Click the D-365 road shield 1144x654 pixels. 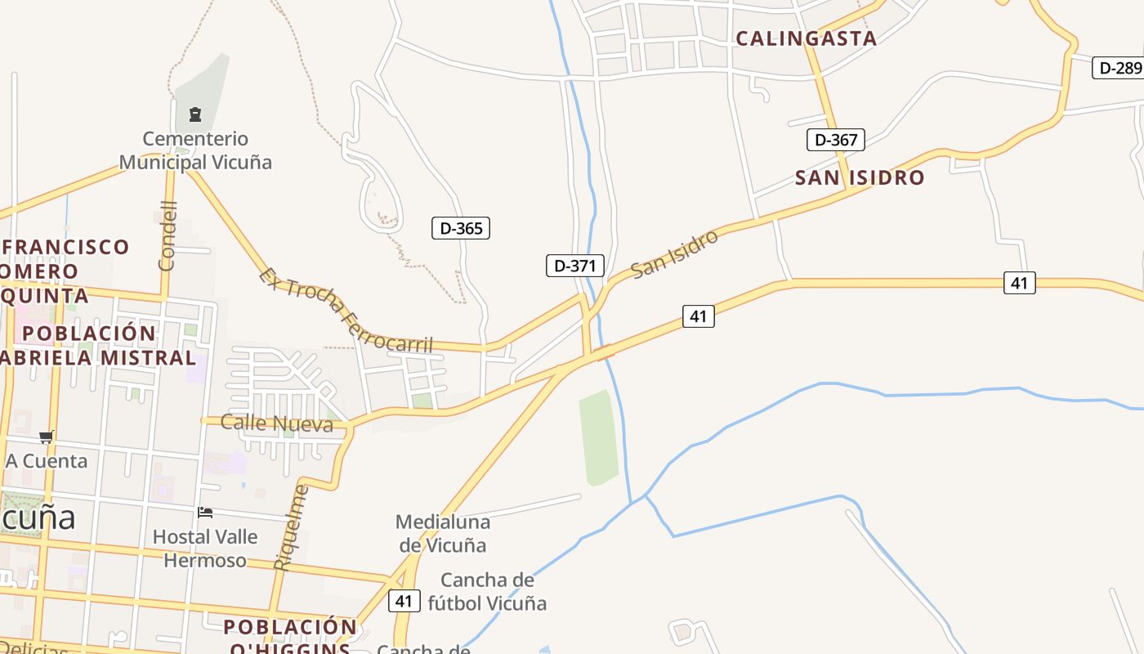tap(461, 228)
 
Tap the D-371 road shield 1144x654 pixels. tap(575, 266)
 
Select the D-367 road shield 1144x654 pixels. tap(836, 140)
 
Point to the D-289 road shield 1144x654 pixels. tap(1119, 68)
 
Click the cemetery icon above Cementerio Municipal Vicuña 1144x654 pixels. tap(195, 114)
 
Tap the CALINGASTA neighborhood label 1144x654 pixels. tap(806, 38)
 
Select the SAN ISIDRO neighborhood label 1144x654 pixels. tap(860, 177)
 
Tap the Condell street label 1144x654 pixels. tap(168, 235)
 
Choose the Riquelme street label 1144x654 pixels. tap(292, 527)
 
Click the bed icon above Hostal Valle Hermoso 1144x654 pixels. tap(205, 513)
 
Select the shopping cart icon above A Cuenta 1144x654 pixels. tap(47, 437)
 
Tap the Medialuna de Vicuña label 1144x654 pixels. tap(442, 533)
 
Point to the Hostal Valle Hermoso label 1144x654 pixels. tap(205, 549)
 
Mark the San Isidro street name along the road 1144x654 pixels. tap(675, 253)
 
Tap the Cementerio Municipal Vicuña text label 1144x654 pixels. tap(195, 150)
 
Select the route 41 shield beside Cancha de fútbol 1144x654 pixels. tap(404, 601)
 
